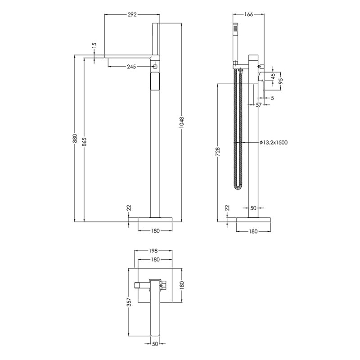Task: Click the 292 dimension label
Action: (132, 15)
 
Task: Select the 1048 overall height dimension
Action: (182, 122)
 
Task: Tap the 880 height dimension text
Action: (75, 139)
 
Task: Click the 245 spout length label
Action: (131, 67)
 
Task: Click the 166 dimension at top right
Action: (248, 14)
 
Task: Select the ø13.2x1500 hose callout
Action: (274, 143)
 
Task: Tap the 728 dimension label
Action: (217, 152)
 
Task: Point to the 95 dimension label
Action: (281, 81)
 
